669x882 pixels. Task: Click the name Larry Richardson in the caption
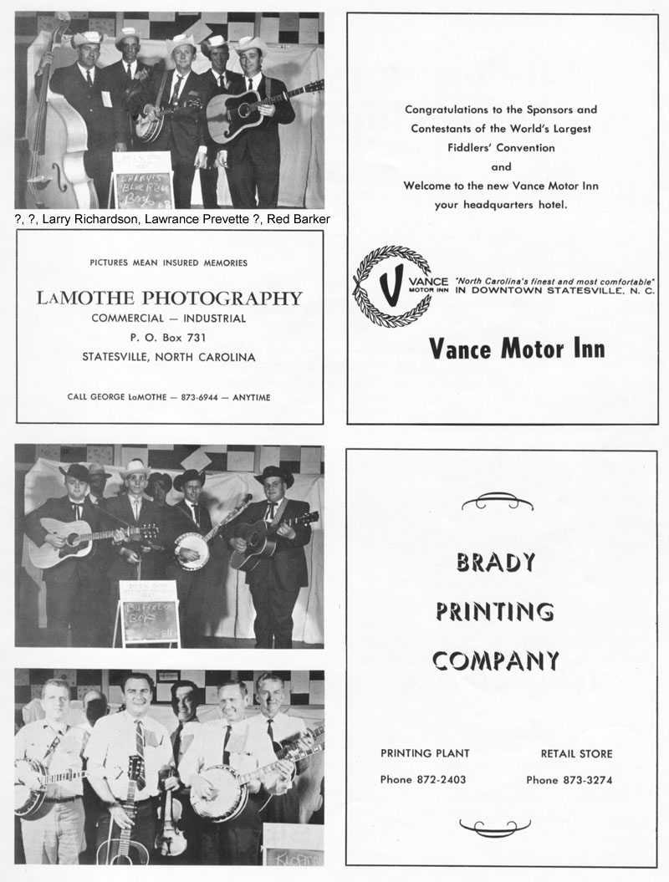pos(91,219)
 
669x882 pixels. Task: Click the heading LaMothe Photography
pos(169,298)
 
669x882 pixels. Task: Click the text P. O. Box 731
pos(169,338)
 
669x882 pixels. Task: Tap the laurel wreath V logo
pos(392,288)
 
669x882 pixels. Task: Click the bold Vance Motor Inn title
pos(517,348)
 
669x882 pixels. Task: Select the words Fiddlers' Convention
pos(502,148)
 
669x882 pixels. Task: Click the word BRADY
pos(496,563)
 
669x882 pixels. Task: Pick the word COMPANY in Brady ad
pos(496,661)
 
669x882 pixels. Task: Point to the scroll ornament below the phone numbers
pos(496,828)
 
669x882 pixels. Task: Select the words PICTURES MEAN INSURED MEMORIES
pos(169,263)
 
